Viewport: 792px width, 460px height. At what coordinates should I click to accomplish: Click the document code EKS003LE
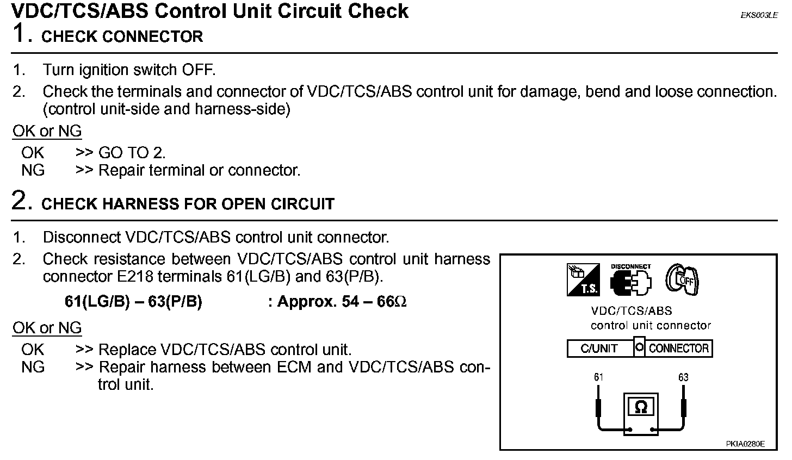(759, 16)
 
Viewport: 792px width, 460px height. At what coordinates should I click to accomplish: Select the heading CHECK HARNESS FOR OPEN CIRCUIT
(188, 204)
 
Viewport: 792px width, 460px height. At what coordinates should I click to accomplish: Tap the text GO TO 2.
(132, 153)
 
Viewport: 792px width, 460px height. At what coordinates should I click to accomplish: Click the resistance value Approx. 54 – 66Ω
(337, 302)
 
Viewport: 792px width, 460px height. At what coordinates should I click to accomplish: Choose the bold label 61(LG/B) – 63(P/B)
(133, 302)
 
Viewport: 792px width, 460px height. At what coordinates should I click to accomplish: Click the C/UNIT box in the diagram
(599, 349)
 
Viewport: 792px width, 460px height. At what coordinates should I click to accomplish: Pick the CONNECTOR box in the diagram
(679, 349)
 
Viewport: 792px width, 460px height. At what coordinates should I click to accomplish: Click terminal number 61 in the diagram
(599, 377)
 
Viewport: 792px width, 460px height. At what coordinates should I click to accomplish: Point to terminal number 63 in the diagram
(683, 377)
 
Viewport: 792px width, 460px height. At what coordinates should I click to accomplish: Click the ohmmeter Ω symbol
(641, 407)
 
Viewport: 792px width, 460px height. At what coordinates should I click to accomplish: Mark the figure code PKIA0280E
(745, 444)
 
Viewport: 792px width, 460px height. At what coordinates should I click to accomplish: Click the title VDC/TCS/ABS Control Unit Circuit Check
(210, 11)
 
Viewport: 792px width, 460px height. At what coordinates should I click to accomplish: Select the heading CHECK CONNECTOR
(122, 36)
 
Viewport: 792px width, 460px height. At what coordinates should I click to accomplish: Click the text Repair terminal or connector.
(199, 170)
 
